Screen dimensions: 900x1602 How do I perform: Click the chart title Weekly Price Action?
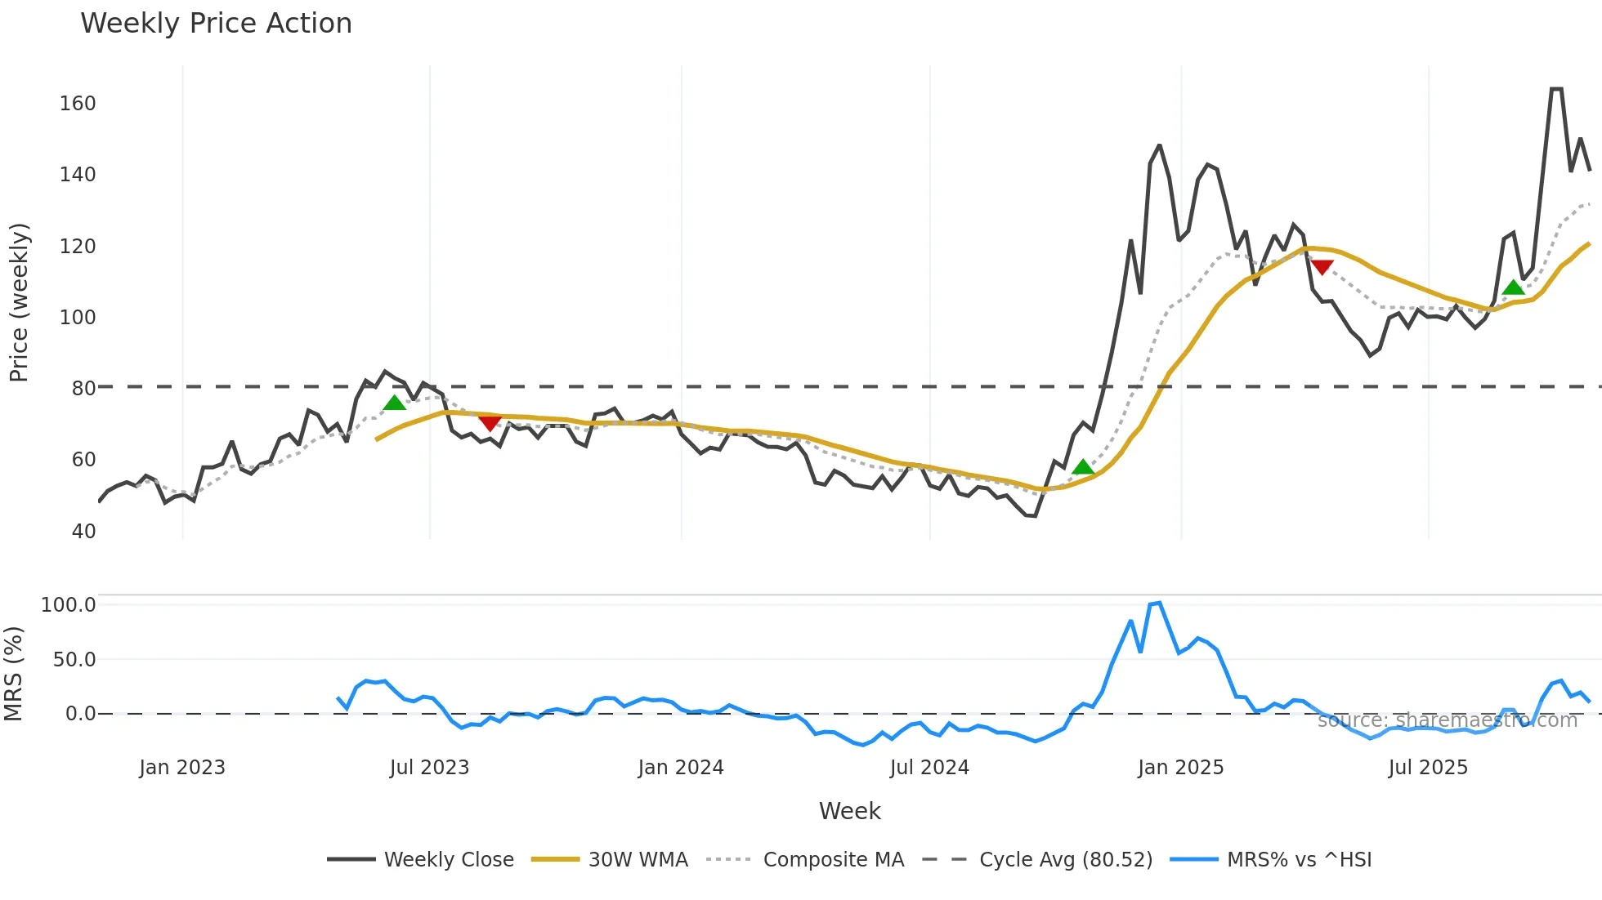216,24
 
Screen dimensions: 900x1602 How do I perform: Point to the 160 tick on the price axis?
78,104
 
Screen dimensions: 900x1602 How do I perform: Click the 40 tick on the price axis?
83,532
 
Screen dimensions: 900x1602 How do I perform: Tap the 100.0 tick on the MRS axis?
69,605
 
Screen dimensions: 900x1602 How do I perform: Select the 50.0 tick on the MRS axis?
74,660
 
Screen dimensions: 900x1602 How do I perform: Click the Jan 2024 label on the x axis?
681,768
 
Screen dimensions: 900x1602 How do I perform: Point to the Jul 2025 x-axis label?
1428,768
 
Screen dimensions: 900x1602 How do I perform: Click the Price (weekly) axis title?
19,302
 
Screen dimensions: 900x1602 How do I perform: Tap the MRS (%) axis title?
14,674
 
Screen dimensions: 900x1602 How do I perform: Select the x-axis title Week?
849,811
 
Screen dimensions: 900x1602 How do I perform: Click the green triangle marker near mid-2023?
395,403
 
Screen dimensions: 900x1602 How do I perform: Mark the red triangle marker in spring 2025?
1322,267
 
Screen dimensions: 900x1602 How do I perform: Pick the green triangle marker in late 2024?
1083,467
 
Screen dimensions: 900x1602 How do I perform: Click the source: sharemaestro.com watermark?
1447,720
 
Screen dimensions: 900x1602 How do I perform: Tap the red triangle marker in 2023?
490,422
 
